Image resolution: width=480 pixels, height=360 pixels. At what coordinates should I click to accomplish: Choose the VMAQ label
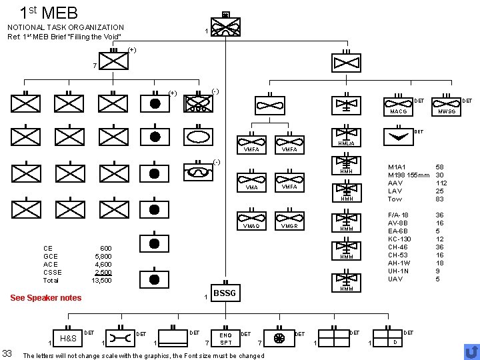252,227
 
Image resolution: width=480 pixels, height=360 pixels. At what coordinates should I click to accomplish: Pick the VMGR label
289,227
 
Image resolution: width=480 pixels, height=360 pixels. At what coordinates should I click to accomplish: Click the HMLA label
346,143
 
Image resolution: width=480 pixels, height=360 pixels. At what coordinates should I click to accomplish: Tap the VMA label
252,188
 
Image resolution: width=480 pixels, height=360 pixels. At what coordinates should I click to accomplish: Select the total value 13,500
101,281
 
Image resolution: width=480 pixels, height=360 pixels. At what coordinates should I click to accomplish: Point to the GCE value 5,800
103,257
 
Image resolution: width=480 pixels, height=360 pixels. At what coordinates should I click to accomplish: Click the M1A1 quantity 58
439,167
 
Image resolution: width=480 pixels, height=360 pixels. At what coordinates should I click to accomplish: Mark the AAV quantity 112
441,183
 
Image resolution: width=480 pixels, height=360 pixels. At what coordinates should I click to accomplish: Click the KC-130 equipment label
401,239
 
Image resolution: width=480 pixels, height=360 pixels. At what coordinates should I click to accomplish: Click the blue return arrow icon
470,351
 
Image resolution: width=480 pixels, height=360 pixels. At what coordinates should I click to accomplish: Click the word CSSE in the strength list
52,273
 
